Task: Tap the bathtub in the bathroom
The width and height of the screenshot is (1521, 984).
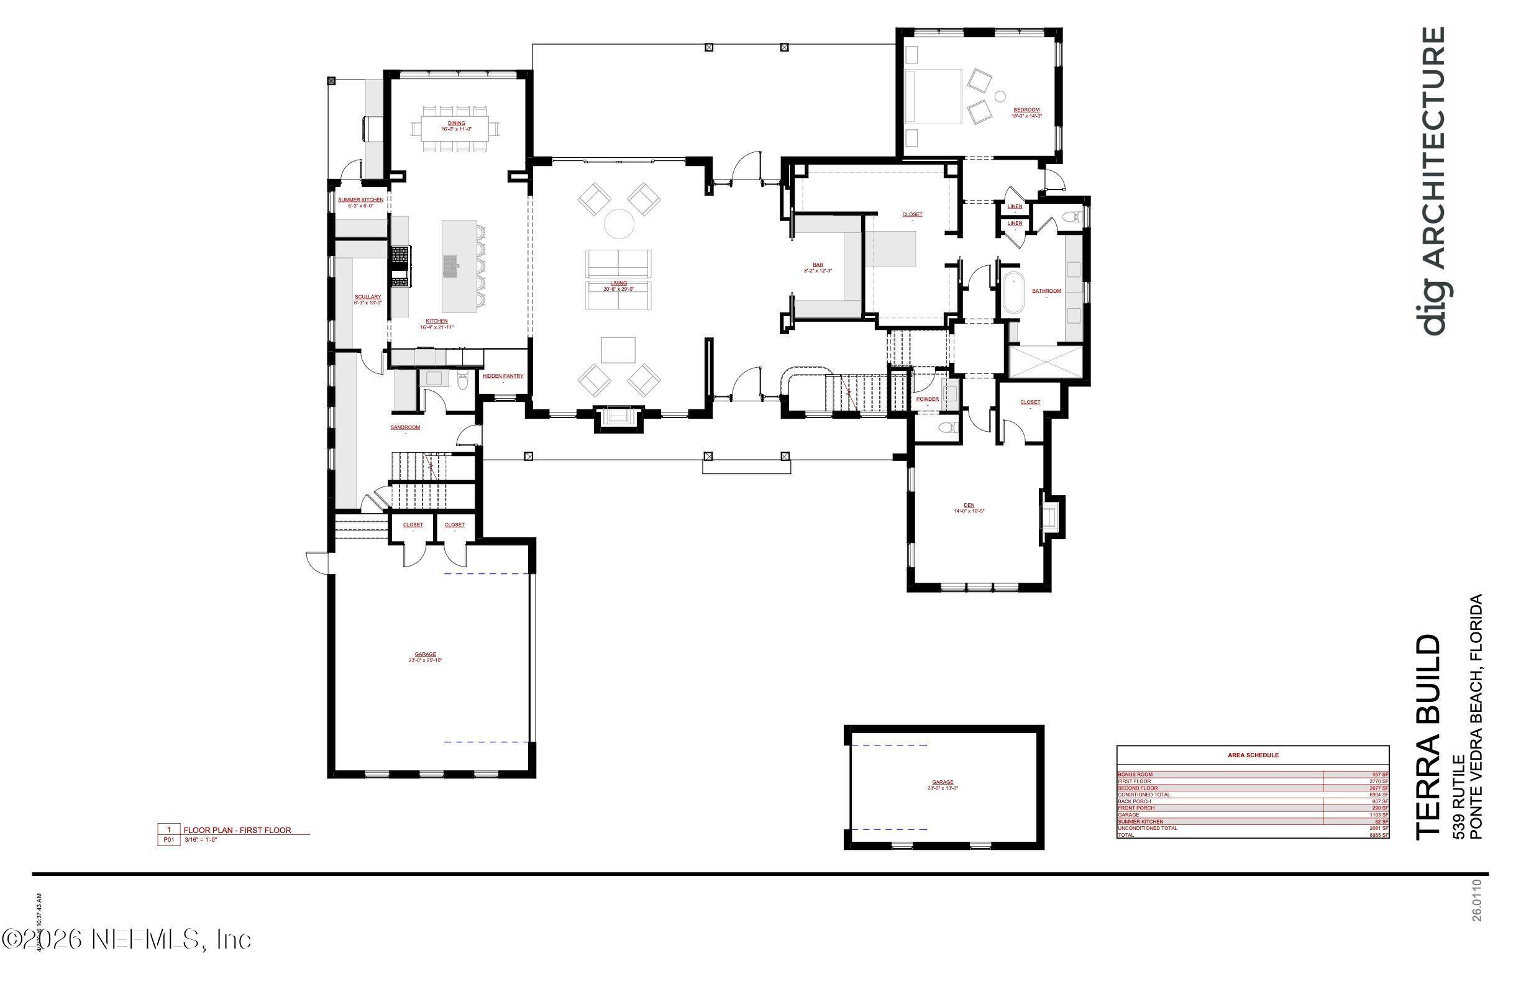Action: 1013,293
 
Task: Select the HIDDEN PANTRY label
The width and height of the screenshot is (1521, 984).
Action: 503,376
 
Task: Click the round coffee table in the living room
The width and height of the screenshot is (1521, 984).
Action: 619,224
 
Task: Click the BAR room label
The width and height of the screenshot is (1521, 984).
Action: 818,265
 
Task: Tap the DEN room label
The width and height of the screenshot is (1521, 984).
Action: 969,506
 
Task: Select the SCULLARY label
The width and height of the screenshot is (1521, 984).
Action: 368,297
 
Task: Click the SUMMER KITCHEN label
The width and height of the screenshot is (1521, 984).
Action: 360,200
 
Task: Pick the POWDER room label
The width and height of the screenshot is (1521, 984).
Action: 927,399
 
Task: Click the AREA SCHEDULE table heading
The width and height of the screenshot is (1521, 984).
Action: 1253,755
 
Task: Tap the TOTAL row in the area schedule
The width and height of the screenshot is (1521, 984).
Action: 1253,835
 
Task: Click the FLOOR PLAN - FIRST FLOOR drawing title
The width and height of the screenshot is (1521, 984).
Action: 237,831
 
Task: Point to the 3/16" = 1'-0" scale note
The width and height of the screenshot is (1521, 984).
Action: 201,840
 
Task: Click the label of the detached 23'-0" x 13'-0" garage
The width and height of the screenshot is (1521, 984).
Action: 943,783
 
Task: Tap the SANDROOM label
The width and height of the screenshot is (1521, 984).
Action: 405,427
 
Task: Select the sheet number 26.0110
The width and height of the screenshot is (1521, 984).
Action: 1476,900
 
